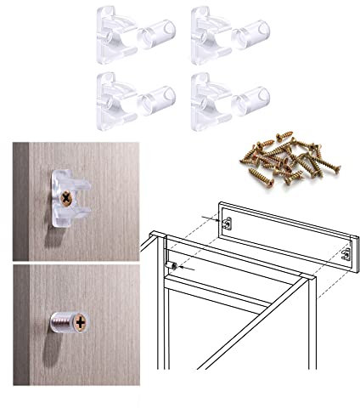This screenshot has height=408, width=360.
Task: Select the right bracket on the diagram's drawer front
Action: (345, 254)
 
